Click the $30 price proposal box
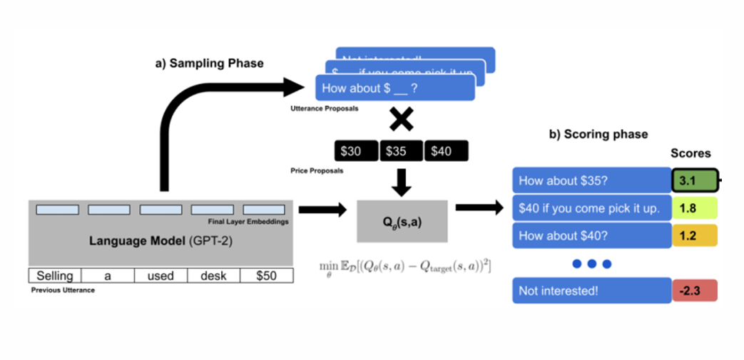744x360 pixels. [x=355, y=151]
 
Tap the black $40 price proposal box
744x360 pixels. [x=446, y=151]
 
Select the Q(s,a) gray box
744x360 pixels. [x=402, y=221]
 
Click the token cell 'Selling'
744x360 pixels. [x=55, y=276]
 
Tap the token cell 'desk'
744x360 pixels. [x=213, y=276]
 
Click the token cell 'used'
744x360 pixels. [x=160, y=276]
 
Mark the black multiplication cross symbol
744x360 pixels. [x=402, y=120]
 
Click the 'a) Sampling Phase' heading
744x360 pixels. [x=209, y=63]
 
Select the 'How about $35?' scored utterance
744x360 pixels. [x=591, y=181]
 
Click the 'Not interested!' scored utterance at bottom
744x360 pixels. [x=591, y=290]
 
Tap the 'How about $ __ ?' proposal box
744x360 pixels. [x=394, y=89]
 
